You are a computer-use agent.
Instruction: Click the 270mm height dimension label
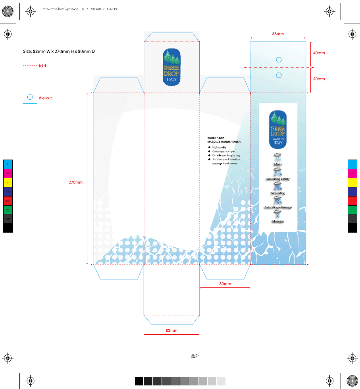click(75, 183)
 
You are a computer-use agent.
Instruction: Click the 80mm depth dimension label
click(225, 284)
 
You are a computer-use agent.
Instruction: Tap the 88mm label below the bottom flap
click(171, 330)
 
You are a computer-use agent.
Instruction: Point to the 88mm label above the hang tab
click(278, 34)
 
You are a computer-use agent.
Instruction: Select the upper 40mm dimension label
click(319, 53)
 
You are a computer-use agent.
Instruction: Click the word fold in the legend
click(42, 65)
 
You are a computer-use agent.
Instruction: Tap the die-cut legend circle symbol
click(30, 97)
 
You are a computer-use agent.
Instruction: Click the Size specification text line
click(59, 52)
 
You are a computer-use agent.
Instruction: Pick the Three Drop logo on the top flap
click(171, 67)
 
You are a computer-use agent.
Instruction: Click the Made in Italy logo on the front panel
click(278, 129)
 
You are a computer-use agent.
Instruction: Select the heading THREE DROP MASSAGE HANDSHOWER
click(224, 140)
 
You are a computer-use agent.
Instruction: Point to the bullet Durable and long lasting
click(226, 155)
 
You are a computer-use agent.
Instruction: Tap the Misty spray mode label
click(278, 164)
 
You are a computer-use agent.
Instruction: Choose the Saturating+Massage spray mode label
click(278, 208)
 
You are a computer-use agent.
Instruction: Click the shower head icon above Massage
click(278, 214)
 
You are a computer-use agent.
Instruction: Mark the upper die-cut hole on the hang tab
click(279, 60)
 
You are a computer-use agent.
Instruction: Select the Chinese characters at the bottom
click(195, 356)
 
